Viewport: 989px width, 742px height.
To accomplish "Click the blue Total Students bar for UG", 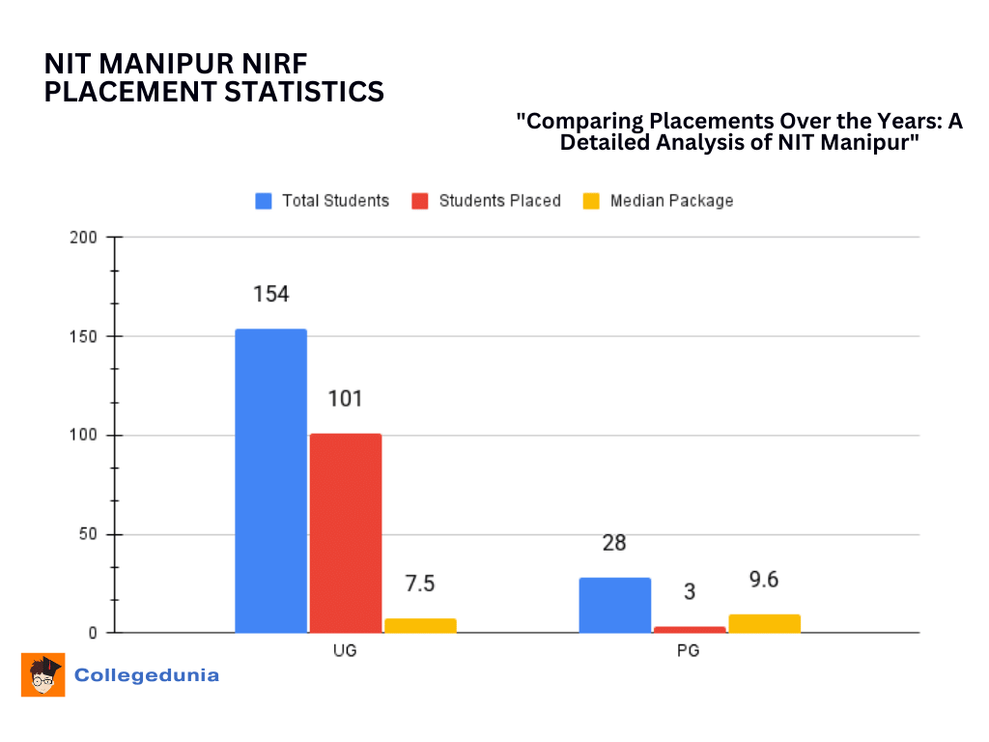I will tap(270, 480).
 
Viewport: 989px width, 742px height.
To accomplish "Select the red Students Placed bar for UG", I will tap(346, 532).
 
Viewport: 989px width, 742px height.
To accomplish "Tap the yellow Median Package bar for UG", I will tap(420, 625).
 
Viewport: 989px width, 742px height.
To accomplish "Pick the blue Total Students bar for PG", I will tap(615, 605).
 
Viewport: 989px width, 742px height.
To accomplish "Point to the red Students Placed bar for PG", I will tap(690, 629).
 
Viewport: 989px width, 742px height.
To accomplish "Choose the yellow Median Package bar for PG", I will tap(764, 623).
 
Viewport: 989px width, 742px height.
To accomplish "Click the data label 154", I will tap(270, 295).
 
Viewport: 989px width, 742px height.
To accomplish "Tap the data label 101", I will tap(346, 398).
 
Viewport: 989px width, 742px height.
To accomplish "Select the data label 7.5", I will tap(420, 584).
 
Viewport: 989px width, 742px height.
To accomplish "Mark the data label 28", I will tap(614, 543).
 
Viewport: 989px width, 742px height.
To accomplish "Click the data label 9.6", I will tap(763, 580).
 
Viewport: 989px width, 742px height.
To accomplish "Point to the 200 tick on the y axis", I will tap(85, 237).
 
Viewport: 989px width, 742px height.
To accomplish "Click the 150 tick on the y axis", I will tap(85, 336).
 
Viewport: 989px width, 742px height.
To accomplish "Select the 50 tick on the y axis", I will tap(89, 534).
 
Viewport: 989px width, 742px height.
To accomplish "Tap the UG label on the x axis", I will tap(345, 650).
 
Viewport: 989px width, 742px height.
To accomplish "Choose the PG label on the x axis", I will tap(689, 650).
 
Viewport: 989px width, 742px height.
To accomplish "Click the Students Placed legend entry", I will tap(487, 201).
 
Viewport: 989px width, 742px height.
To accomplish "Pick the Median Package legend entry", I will tap(659, 201).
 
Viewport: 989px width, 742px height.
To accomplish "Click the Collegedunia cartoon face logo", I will tap(43, 674).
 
